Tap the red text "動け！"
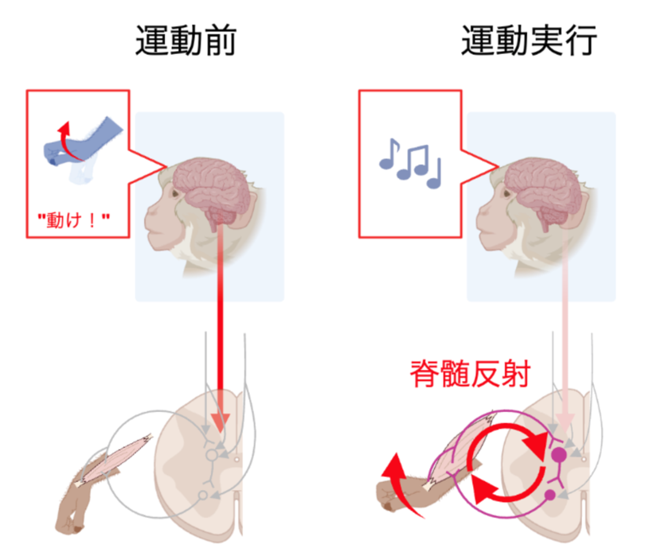[x=74, y=216]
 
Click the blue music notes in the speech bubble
[x=410, y=161]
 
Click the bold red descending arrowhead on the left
[x=221, y=422]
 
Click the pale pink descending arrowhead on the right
[x=565, y=422]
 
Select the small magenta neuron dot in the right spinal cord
[x=549, y=496]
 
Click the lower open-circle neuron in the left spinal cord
[x=202, y=496]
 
